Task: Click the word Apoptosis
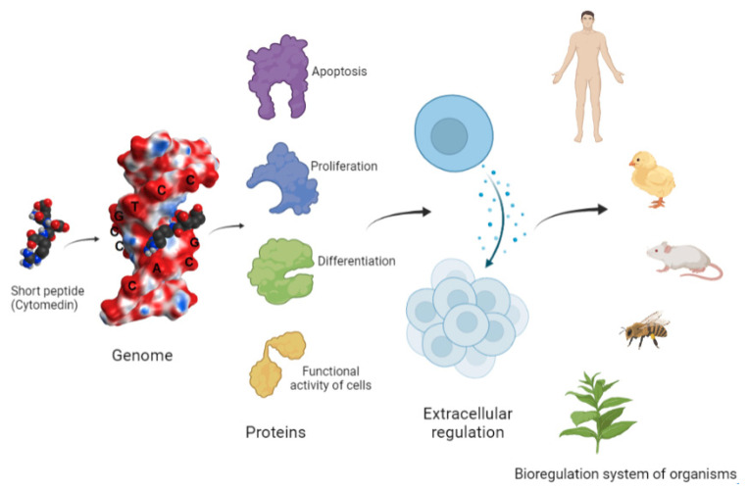coord(339,72)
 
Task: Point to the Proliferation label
coord(344,167)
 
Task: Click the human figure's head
coord(587,20)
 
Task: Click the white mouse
coord(679,259)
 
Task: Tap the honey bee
coord(644,331)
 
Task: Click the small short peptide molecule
coord(38,231)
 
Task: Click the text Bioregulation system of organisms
coord(625,474)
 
